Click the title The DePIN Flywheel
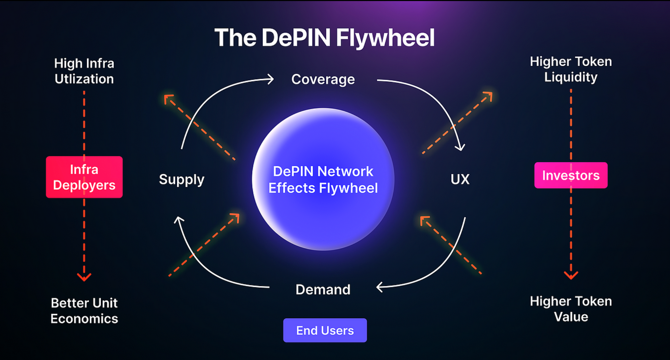(x=324, y=38)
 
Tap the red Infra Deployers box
(x=84, y=177)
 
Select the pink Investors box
(x=571, y=176)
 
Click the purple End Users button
(x=325, y=330)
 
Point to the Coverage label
(x=323, y=80)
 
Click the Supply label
(x=182, y=179)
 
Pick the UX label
(x=460, y=179)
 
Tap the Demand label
(x=323, y=290)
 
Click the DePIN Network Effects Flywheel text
(x=323, y=180)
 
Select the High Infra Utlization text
(x=84, y=71)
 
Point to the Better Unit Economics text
(x=84, y=311)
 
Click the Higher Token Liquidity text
(x=571, y=69)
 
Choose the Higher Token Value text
(x=571, y=309)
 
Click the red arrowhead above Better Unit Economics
(x=84, y=277)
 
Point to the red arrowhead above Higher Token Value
(x=571, y=275)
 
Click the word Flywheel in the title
(x=385, y=38)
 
